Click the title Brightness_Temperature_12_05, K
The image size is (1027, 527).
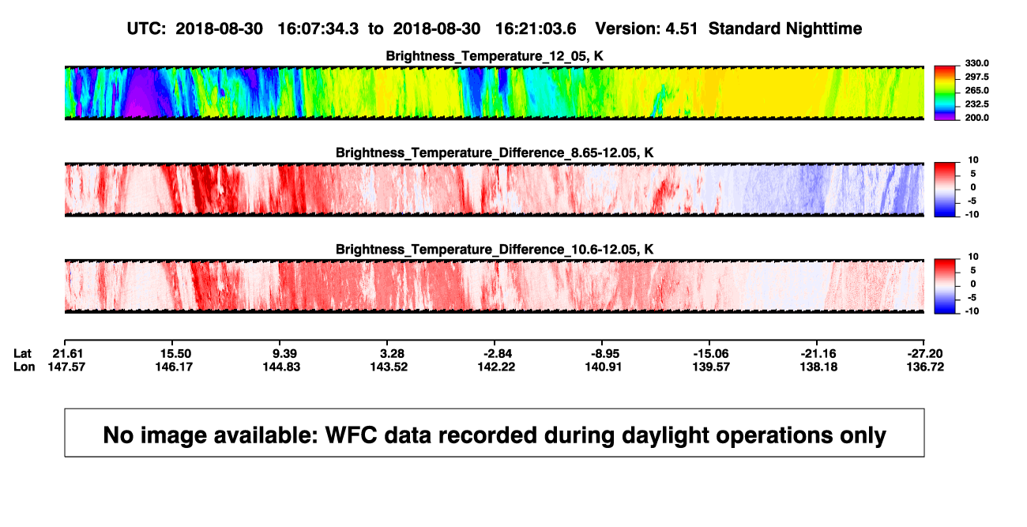[x=495, y=56]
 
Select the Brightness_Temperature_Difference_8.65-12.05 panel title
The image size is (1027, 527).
[x=495, y=152]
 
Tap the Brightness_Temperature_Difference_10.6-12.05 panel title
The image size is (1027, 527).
[x=495, y=250]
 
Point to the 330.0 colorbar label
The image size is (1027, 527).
[x=976, y=63]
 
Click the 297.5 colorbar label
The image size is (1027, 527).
[x=976, y=77]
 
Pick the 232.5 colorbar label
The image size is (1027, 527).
[x=976, y=104]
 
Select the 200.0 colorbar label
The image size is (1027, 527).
[x=976, y=118]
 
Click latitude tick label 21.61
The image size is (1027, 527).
[x=67, y=354]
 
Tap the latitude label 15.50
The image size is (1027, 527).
[x=175, y=354]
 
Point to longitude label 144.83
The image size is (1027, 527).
[x=281, y=367]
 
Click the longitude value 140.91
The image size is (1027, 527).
[x=603, y=367]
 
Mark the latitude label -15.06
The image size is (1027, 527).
[x=711, y=354]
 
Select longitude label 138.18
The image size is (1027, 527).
[x=818, y=367]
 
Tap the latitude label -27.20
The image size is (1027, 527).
[x=925, y=354]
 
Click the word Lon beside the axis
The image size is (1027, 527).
[x=24, y=367]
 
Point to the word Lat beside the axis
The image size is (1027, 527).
[x=22, y=354]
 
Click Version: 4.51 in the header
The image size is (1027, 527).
[x=646, y=28]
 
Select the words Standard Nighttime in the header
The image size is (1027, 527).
[x=785, y=28]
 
